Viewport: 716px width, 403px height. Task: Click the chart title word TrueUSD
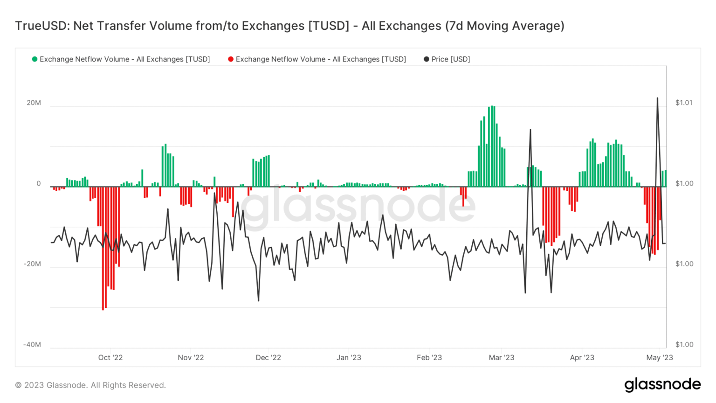tap(41, 26)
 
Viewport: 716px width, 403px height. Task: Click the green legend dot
tap(34, 59)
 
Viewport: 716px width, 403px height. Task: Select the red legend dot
tap(231, 59)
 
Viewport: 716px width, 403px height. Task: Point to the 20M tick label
tap(34, 103)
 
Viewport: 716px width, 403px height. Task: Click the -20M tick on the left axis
tap(32, 264)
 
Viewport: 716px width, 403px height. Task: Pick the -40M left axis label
tap(32, 345)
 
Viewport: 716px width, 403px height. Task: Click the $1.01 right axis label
tap(684, 103)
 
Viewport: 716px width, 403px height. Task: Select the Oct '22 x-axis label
tap(110, 358)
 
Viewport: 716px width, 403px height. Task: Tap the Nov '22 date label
tap(191, 358)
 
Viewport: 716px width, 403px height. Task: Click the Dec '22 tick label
tap(268, 358)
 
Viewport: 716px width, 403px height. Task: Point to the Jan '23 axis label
tap(349, 358)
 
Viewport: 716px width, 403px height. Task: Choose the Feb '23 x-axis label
tap(429, 358)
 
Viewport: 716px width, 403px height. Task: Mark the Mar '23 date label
tap(502, 358)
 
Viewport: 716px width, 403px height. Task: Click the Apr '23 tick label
tap(582, 358)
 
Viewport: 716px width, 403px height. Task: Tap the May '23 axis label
tap(660, 358)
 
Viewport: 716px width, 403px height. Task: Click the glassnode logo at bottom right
tap(662, 384)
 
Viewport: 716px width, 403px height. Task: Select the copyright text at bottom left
tap(90, 385)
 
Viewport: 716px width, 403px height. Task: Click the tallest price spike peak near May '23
tap(657, 98)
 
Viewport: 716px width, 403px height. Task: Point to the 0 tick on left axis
tap(39, 184)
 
